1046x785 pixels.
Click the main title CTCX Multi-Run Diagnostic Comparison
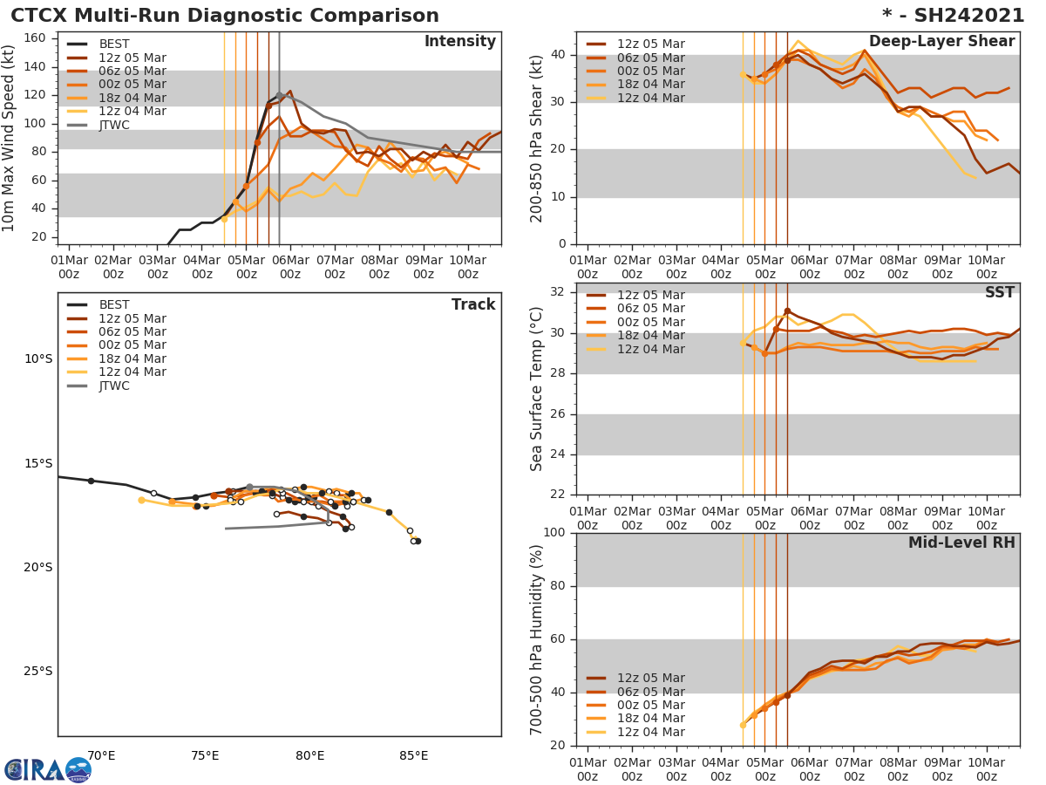[225, 16]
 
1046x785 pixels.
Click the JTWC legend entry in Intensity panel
[113, 126]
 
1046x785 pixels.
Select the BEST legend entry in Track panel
[113, 305]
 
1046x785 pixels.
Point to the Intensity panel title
[459, 42]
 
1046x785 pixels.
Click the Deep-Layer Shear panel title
[941, 42]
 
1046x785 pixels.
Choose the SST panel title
[999, 293]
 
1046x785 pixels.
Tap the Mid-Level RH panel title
[961, 543]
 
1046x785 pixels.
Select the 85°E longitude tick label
[413, 755]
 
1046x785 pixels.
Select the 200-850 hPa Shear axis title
[538, 138]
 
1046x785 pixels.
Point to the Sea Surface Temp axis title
[538, 389]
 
